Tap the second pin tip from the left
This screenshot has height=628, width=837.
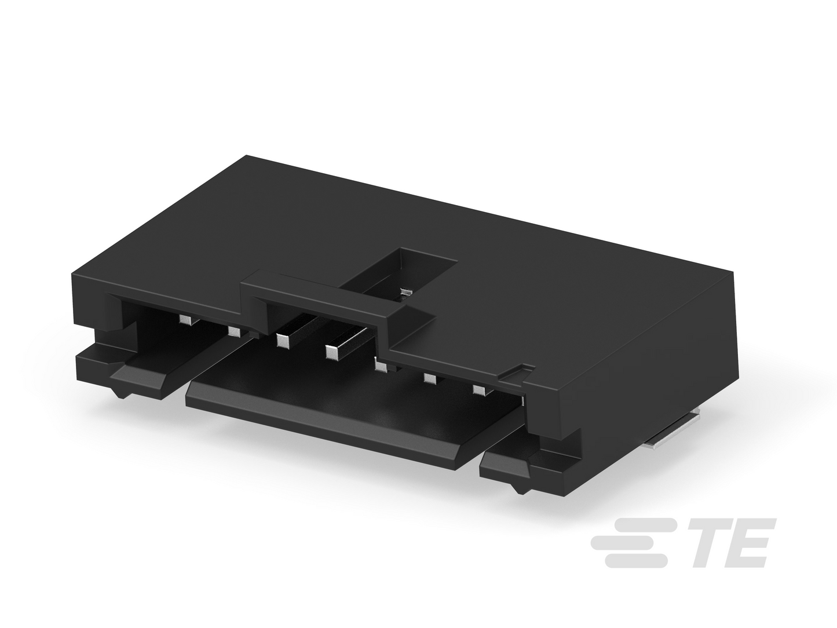click(x=234, y=322)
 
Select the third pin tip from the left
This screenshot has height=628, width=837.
click(x=283, y=341)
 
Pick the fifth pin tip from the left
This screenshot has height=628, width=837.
click(x=381, y=366)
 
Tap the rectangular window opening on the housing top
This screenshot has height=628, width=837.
click(x=399, y=275)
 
